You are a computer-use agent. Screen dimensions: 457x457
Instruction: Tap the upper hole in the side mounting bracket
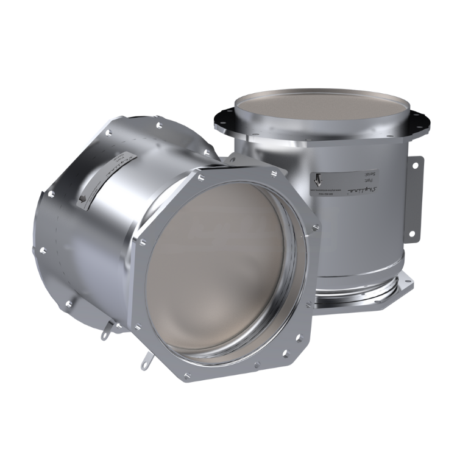pos(417,163)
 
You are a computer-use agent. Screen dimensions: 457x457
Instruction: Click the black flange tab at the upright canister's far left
pos(219,114)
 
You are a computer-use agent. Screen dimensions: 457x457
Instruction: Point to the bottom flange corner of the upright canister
pos(403,282)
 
